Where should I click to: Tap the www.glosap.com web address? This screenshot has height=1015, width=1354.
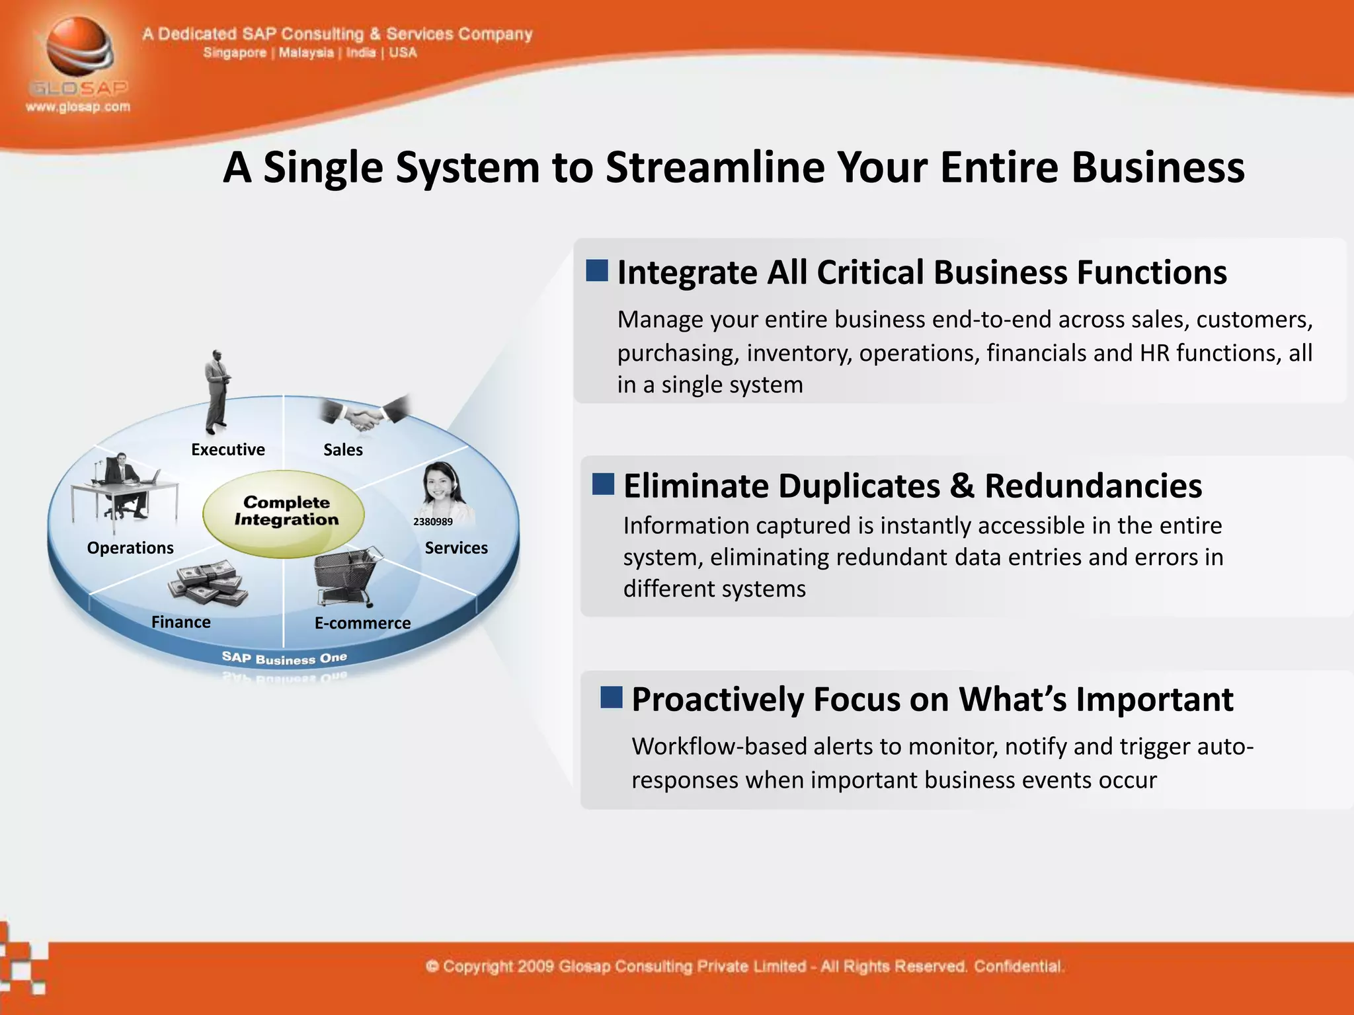(x=78, y=107)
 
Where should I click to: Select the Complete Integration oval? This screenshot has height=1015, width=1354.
(x=284, y=512)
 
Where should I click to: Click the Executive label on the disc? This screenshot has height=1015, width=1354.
(x=228, y=450)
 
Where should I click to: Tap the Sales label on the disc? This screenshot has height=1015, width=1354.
(x=343, y=450)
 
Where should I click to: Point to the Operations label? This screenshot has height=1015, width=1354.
(x=130, y=548)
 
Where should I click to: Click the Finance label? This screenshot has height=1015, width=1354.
(x=181, y=622)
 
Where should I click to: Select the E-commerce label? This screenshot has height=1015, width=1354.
(x=362, y=623)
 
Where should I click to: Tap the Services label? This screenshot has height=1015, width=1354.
(x=456, y=548)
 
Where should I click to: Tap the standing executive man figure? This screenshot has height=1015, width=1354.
(x=217, y=390)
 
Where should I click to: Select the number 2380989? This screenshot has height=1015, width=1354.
(x=433, y=522)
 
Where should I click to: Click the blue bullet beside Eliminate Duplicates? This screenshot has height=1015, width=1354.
(x=603, y=484)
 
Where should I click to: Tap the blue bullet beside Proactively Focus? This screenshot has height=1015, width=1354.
(x=612, y=697)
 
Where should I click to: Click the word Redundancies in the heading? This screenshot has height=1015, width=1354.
(x=1093, y=486)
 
